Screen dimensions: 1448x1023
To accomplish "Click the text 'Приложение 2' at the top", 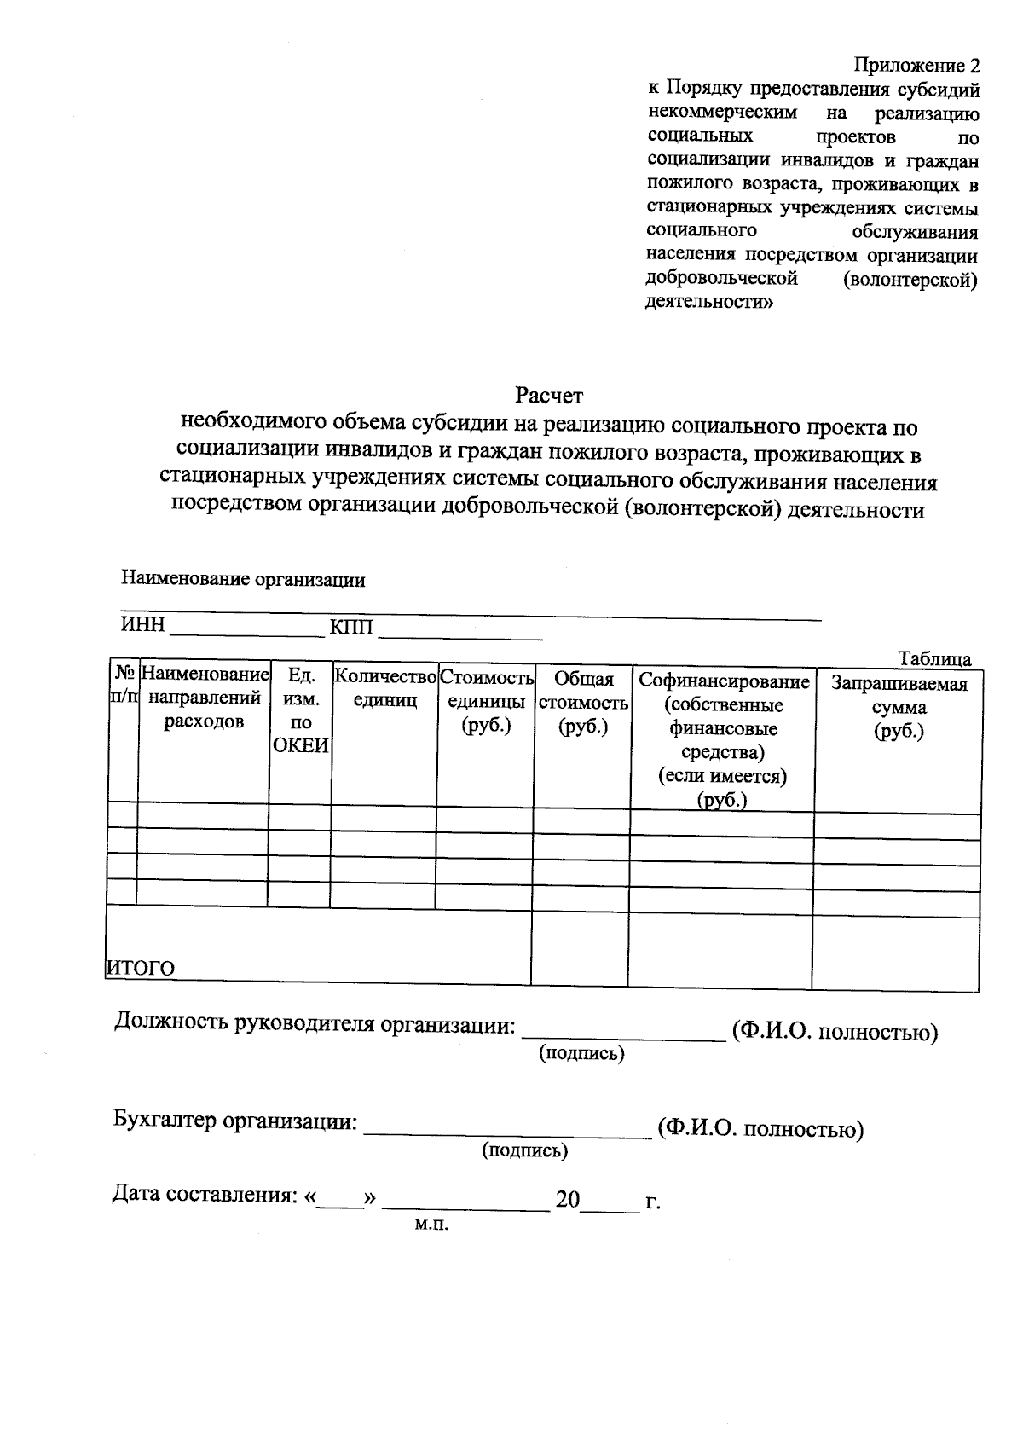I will [916, 67].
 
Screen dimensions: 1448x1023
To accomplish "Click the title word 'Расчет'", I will [548, 396].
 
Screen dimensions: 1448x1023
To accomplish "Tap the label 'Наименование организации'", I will [243, 580].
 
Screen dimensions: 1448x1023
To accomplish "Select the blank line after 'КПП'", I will [460, 633].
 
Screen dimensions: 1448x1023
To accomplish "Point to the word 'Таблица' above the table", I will [934, 658].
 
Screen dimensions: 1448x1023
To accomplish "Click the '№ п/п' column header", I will [123, 685].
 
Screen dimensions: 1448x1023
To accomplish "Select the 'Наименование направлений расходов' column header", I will [203, 698].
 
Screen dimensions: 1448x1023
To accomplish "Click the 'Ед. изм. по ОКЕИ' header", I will [299, 710].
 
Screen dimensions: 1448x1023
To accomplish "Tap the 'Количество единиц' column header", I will [384, 688].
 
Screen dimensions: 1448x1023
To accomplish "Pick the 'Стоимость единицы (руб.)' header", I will [486, 702].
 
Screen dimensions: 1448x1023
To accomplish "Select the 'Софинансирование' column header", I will [723, 738].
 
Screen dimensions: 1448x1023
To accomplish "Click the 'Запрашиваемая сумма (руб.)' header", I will [899, 707].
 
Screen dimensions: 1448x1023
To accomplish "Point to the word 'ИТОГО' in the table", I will [140, 968].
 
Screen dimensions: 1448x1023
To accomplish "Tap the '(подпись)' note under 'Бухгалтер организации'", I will [524, 1150].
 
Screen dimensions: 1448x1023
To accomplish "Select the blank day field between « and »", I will [341, 1204].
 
